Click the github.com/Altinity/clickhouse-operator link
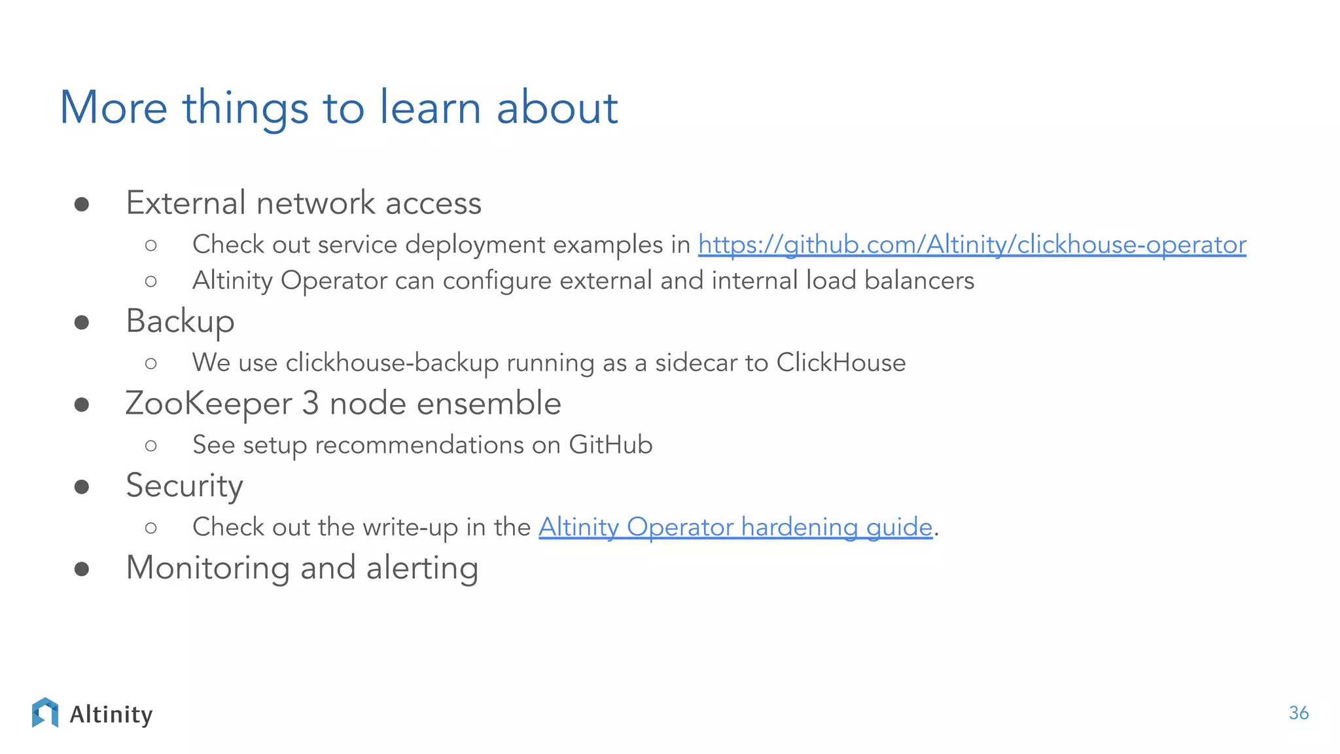(972, 245)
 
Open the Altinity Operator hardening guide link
(735, 527)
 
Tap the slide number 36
(1298, 713)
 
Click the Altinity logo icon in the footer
(45, 713)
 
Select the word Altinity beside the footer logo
(111, 715)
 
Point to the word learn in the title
(431, 108)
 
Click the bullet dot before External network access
(82, 205)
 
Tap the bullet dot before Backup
(82, 323)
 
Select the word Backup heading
(180, 322)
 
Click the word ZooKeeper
(209, 404)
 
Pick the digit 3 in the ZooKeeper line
(310, 404)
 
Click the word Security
(185, 486)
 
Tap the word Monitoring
(207, 568)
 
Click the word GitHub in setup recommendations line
(610, 445)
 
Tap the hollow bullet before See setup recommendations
(151, 446)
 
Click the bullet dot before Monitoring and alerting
(82, 569)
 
